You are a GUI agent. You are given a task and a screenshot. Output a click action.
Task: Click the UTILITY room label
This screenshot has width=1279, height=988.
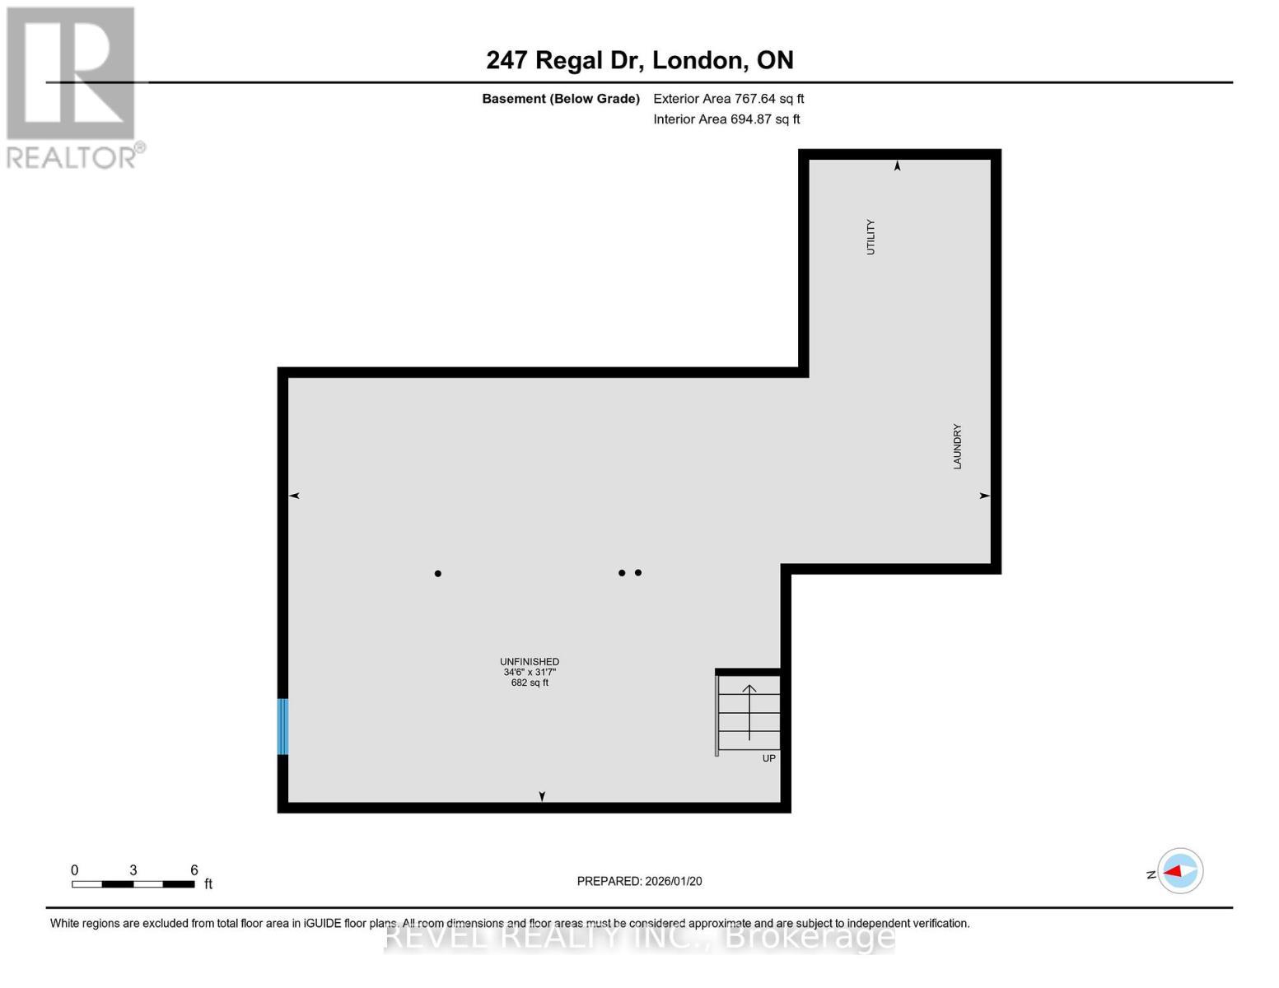tap(871, 237)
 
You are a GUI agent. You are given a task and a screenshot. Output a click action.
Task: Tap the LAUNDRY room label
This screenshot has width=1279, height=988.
tap(957, 447)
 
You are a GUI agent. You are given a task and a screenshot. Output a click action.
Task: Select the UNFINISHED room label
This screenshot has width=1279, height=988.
tap(530, 661)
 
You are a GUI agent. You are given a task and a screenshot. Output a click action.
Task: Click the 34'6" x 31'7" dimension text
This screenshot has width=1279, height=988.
tap(530, 672)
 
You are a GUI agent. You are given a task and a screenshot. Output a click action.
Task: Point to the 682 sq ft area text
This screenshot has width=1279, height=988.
tap(530, 683)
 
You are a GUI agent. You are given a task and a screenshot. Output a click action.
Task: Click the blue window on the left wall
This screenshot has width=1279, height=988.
tap(282, 726)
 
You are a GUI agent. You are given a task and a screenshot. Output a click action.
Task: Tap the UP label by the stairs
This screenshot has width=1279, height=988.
tap(768, 758)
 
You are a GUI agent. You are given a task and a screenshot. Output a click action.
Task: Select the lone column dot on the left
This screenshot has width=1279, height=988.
tap(438, 573)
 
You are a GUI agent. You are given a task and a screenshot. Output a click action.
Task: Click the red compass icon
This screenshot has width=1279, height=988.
tap(1180, 871)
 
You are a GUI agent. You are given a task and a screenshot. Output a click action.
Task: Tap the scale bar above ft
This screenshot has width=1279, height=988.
tap(133, 884)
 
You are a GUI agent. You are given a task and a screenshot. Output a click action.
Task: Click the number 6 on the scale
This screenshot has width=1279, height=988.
tap(194, 870)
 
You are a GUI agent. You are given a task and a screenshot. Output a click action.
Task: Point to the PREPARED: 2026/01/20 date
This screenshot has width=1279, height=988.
tap(639, 881)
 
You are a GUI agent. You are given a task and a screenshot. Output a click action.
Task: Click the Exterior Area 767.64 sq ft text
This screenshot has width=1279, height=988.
tap(728, 99)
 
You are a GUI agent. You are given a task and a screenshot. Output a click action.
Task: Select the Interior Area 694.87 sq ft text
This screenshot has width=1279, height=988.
tap(726, 119)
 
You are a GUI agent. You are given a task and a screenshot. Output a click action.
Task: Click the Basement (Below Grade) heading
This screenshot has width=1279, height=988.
tap(561, 99)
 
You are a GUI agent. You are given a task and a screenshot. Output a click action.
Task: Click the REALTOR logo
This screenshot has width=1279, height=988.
tap(72, 86)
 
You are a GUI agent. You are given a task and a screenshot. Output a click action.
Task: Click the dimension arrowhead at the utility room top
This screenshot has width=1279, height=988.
tap(898, 166)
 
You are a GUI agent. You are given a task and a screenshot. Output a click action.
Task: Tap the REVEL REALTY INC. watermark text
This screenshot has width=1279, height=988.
tap(639, 937)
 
